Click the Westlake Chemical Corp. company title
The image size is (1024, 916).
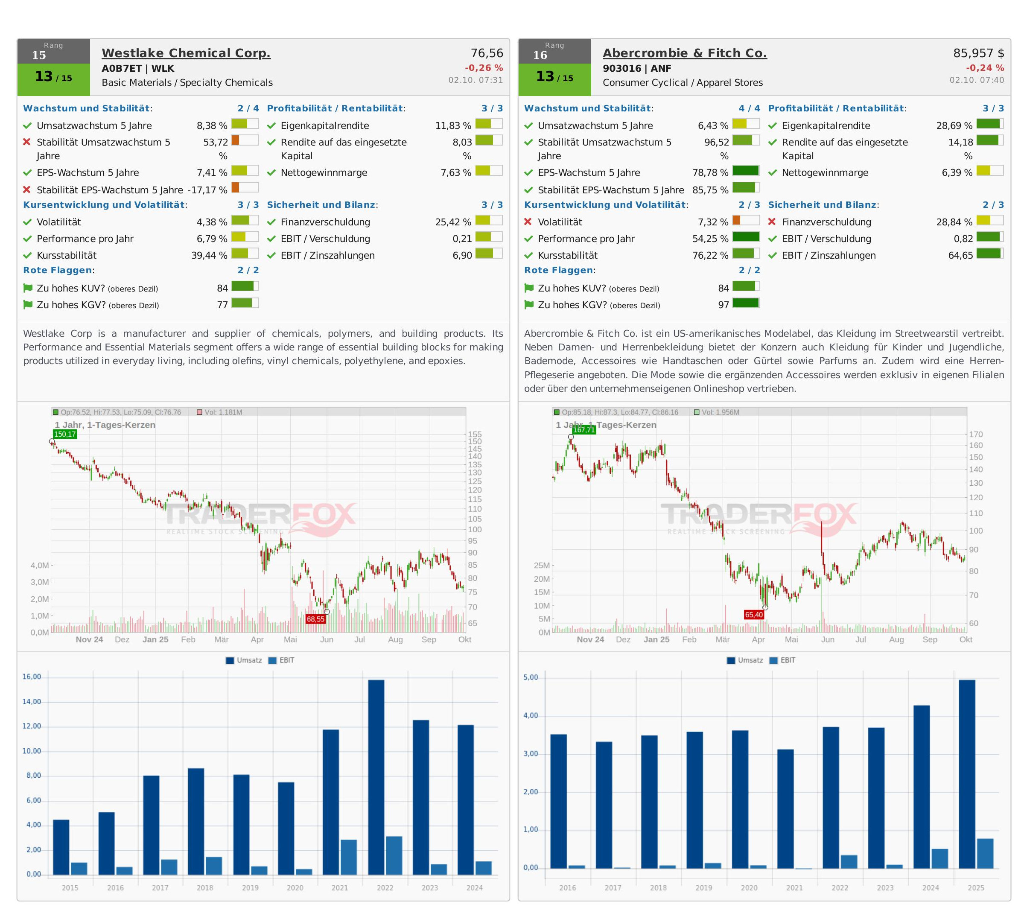tap(186, 53)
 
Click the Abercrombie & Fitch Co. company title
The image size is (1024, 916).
tap(684, 53)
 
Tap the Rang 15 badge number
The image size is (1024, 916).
tap(39, 55)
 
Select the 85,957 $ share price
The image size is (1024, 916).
tap(978, 53)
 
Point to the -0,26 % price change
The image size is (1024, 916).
tap(484, 67)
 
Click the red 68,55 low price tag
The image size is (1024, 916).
tap(315, 619)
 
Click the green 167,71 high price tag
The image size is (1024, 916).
tap(583, 430)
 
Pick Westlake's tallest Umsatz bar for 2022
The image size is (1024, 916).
tap(376, 778)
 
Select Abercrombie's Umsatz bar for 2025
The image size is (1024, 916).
tap(967, 774)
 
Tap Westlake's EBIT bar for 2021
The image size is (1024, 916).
tap(348, 857)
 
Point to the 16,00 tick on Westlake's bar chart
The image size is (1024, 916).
tap(32, 677)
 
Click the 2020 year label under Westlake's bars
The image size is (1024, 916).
tap(295, 888)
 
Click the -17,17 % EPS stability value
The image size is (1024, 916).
tap(207, 190)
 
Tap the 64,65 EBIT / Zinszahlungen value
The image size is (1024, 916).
tap(960, 255)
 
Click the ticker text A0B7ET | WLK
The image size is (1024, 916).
tap(138, 68)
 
